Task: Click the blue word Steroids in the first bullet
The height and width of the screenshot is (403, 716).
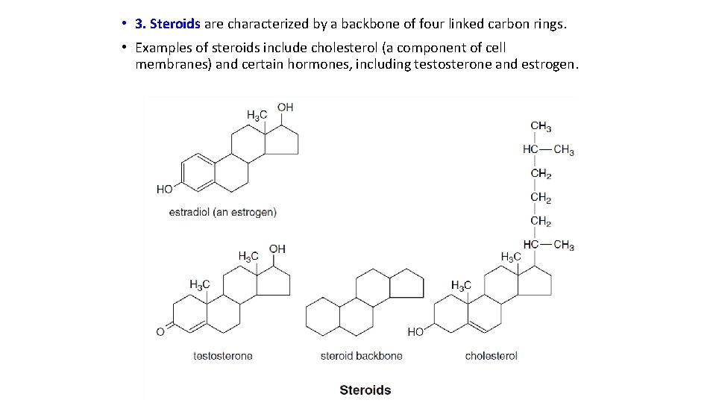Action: (175, 24)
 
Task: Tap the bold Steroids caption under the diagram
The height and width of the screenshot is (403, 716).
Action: (365, 390)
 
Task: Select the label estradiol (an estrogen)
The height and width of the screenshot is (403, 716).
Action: (222, 212)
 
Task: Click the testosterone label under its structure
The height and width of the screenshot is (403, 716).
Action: (222, 356)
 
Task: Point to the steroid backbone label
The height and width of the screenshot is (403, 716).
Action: (361, 356)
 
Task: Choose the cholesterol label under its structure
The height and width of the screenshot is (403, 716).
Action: (491, 356)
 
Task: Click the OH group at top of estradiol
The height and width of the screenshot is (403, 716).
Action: (285, 107)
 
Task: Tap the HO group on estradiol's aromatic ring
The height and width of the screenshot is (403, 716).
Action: (165, 190)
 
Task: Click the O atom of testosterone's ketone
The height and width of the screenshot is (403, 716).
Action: (160, 332)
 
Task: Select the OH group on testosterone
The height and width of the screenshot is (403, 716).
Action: (277, 249)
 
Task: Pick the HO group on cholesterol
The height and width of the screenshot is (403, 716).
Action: (415, 332)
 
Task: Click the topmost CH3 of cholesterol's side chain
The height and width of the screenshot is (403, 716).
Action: (541, 126)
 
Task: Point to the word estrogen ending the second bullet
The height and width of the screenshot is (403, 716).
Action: (549, 64)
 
